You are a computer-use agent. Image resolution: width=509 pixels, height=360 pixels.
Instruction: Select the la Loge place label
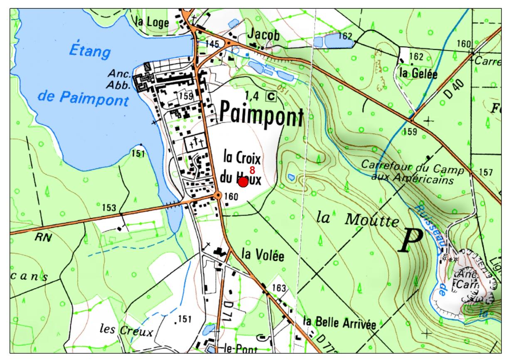(152, 23)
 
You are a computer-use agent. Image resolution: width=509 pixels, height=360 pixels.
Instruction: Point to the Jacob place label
(263, 36)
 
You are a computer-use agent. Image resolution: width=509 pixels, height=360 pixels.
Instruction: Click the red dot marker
(243, 182)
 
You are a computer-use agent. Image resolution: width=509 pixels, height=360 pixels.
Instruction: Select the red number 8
(252, 170)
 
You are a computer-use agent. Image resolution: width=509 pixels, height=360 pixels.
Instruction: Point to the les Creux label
(126, 331)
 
